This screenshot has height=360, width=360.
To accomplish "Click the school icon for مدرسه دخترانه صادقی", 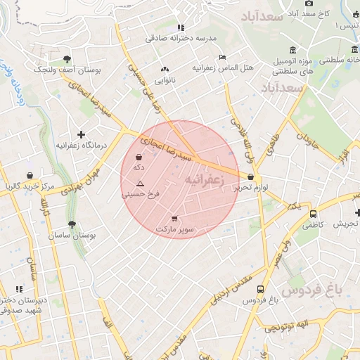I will [x=181, y=27].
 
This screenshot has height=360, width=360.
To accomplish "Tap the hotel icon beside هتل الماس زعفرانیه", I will [x=223, y=57].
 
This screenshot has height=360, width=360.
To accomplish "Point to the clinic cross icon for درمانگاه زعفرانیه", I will [x=81, y=134].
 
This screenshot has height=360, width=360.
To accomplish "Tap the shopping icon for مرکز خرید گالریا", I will [x=30, y=175].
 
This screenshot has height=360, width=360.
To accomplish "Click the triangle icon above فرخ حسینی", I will [x=140, y=183].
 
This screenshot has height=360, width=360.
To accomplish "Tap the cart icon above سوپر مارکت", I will [x=174, y=219].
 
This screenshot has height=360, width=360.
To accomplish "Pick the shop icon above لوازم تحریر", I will [x=251, y=176].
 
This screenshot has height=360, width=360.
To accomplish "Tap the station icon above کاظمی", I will [x=313, y=214].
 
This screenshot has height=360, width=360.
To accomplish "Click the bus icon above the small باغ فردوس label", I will [x=261, y=289].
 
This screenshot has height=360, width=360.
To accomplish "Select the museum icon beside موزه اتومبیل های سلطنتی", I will [x=292, y=51].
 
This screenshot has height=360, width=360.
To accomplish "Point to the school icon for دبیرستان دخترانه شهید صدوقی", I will [x=20, y=289].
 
